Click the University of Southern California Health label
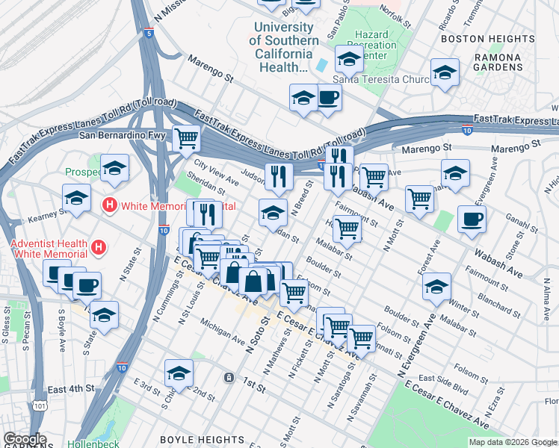(282, 46)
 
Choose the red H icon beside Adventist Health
(97, 246)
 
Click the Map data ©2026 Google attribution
(513, 442)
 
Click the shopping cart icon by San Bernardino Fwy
(185, 137)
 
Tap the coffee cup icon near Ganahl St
(471, 219)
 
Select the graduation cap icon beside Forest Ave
(436, 286)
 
